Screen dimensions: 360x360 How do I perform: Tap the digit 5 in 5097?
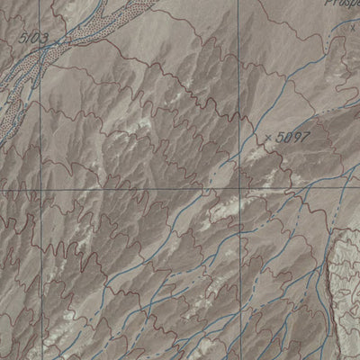tap(282, 136)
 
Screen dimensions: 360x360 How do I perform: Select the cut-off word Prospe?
tap(338, 4)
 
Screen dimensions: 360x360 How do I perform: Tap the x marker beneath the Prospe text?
tap(354, 27)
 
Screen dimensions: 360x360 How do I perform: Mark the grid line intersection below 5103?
tap(39, 191)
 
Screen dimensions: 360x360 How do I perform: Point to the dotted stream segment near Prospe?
tap(335, 36)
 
